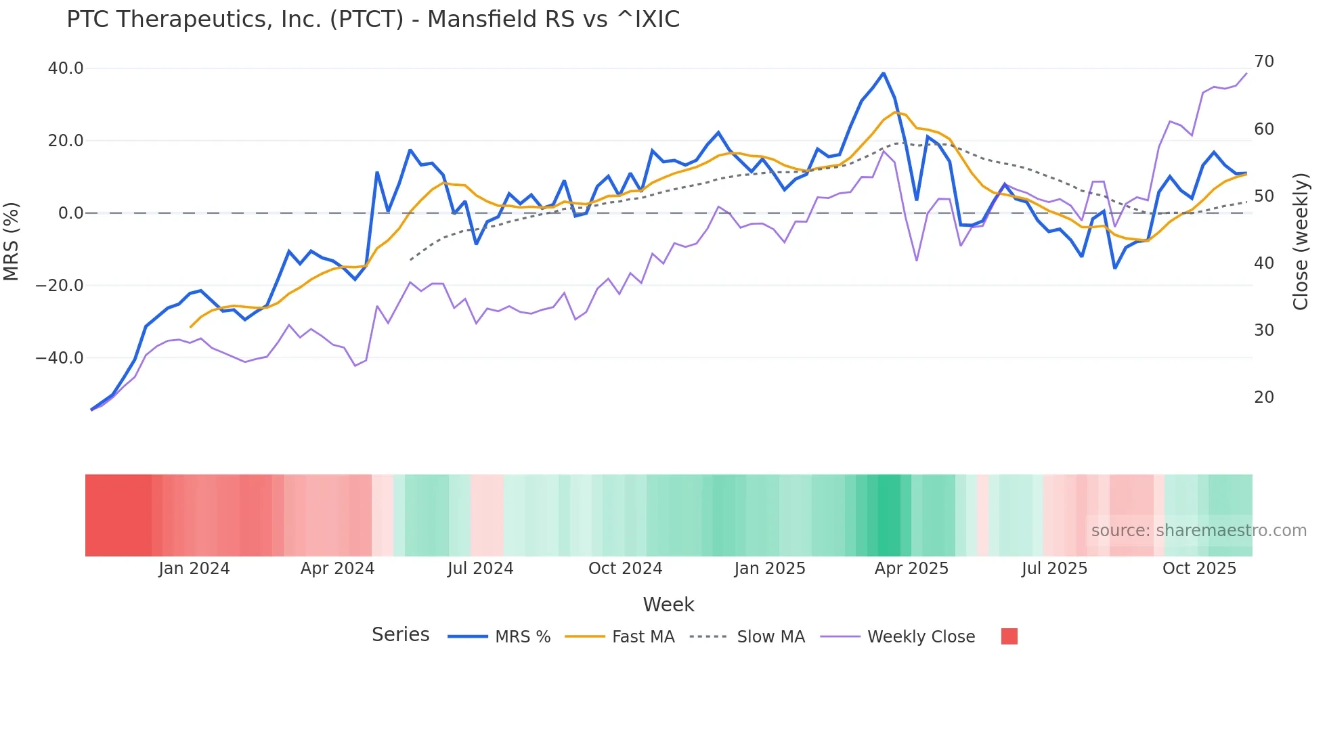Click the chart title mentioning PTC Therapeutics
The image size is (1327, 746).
(373, 20)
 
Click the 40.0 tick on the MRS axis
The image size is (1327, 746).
(66, 68)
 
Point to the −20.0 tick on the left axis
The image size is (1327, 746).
(60, 286)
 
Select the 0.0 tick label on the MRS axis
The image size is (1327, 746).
(70, 213)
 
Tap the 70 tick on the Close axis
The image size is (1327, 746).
(1263, 62)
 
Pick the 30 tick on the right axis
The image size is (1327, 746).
(1263, 330)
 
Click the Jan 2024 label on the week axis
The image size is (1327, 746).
(194, 569)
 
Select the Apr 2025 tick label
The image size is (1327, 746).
(911, 569)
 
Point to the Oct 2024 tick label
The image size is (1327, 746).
(625, 569)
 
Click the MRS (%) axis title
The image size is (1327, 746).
(12, 241)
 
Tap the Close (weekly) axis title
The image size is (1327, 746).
(1301, 242)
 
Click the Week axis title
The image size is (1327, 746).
(668, 605)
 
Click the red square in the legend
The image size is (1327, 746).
(1009, 636)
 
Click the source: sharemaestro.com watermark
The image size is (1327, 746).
(1198, 531)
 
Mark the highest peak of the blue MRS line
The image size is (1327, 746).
(883, 73)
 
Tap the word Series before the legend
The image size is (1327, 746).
(400, 635)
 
